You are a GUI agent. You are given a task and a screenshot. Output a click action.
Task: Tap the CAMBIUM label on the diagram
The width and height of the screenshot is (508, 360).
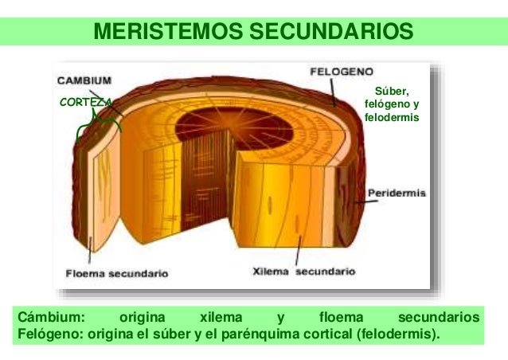[x=84, y=80]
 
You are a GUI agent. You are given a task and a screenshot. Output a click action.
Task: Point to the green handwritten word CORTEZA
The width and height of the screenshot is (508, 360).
[x=86, y=102]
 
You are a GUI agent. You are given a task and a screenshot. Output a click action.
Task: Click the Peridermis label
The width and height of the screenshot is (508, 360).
[x=397, y=194]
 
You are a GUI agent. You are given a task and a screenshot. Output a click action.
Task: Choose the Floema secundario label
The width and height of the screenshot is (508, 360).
[x=116, y=273]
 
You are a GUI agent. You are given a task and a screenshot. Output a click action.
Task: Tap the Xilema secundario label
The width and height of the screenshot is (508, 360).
[x=303, y=271]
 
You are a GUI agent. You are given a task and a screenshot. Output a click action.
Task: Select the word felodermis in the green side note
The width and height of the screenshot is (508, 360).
[x=391, y=117]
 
